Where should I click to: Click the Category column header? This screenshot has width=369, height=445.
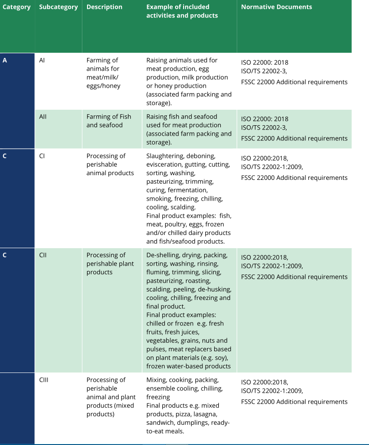click(16, 7)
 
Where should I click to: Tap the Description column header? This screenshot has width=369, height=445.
click(104, 7)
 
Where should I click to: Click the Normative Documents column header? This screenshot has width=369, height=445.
click(276, 7)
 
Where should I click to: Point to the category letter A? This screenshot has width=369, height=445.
click(5, 60)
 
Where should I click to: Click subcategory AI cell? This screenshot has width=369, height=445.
click(42, 60)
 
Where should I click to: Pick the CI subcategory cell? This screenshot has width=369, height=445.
click(42, 156)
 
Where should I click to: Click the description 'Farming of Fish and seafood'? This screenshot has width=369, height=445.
click(109, 121)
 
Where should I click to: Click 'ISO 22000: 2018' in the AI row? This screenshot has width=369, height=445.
click(265, 63)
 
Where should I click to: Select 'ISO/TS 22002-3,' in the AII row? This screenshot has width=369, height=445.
click(264, 128)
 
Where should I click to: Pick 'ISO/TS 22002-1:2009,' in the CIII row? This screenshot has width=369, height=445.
click(272, 391)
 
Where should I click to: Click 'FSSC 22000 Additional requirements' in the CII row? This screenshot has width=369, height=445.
click(294, 277)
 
